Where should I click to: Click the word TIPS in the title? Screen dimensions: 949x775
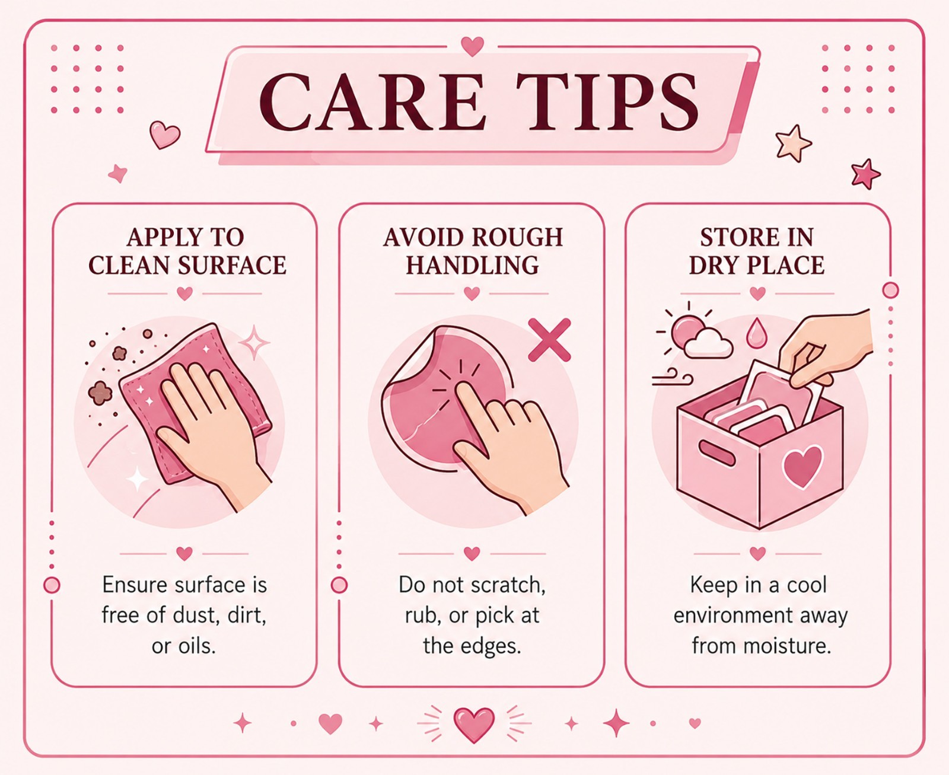point(613,103)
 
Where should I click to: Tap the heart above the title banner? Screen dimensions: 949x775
point(473,46)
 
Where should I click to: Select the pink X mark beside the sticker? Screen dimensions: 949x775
point(549,340)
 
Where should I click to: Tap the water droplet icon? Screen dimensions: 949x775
point(756,333)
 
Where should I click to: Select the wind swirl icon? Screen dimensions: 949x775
point(672,377)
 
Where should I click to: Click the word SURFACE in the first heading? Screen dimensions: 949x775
point(232,265)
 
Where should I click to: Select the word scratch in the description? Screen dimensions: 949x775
point(508,585)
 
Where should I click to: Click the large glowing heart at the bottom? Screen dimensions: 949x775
point(473,725)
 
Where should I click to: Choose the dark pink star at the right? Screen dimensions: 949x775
point(865,174)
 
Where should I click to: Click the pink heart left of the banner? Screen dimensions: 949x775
point(165,135)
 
